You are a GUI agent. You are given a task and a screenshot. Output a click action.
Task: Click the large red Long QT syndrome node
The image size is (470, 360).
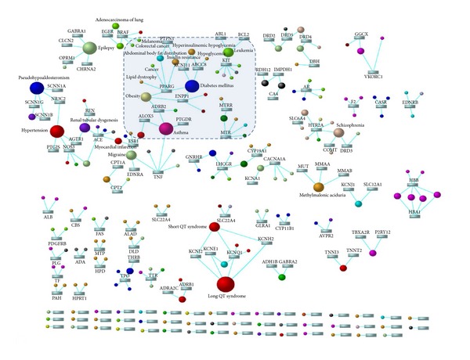(x=226, y=283)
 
